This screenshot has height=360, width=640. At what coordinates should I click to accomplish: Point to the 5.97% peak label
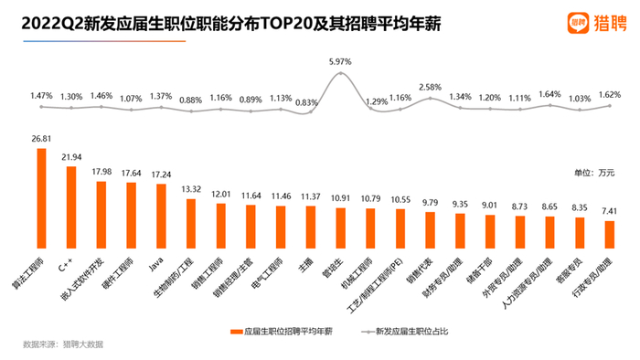340,62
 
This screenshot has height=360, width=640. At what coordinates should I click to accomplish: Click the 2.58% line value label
430,87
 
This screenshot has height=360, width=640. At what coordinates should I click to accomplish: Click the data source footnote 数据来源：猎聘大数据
63,344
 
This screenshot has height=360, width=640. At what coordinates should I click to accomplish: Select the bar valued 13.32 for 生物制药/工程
191,218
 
